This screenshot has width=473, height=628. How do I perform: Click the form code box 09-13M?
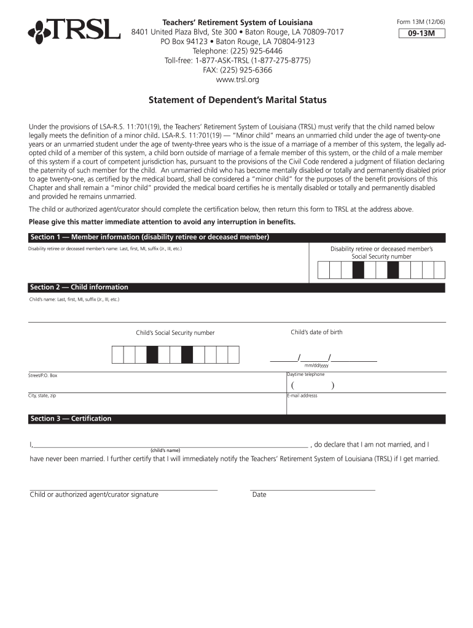(x=421, y=34)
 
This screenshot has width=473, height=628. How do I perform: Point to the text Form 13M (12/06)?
(x=421, y=23)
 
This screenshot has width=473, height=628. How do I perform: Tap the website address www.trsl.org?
(x=238, y=80)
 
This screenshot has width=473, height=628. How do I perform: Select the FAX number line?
(x=238, y=70)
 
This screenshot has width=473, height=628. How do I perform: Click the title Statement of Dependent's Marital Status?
(x=238, y=100)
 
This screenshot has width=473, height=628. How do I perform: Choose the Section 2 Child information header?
(x=79, y=287)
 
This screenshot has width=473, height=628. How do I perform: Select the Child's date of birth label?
(x=316, y=332)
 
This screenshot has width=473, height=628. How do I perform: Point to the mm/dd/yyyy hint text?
(x=316, y=366)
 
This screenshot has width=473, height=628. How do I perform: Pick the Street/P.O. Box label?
(x=43, y=375)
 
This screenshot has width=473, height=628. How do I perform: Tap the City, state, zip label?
(x=42, y=396)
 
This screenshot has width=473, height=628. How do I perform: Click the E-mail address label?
(x=302, y=396)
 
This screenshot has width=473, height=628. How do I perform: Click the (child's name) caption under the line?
(x=165, y=450)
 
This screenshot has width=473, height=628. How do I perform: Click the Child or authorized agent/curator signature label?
(x=94, y=494)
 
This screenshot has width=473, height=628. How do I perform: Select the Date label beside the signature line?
(x=259, y=494)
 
